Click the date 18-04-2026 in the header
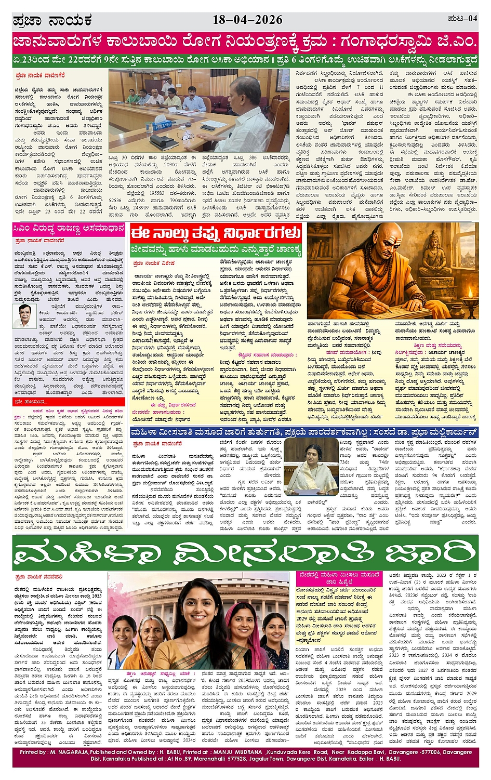pos(247,20)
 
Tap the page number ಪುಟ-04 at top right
pos(462,19)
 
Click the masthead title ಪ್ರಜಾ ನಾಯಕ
pos(52,20)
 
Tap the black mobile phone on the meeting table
pos(207,127)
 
